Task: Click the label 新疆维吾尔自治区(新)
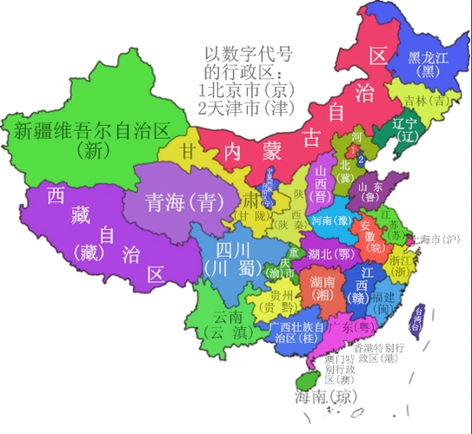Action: pyautogui.click(x=91, y=140)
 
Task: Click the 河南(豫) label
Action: pyautogui.click(x=330, y=220)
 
